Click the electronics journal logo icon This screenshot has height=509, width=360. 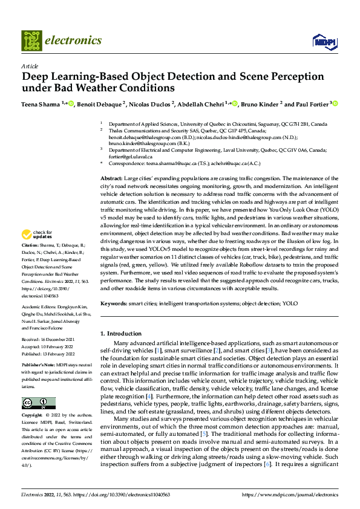[32, 41]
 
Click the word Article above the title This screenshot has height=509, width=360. [30, 66]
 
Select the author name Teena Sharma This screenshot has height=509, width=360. [41, 105]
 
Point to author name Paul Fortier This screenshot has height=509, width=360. [311, 105]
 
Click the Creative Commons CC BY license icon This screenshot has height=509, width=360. [38, 403]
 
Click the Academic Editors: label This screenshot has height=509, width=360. [42, 308]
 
